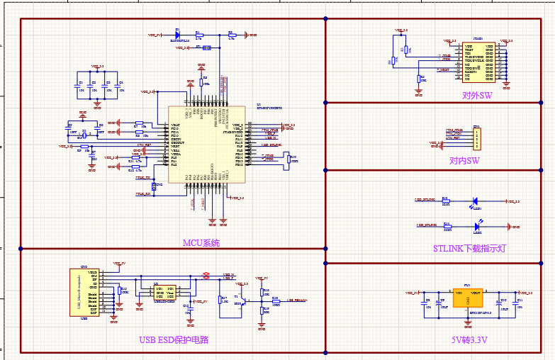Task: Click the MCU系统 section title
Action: click(201, 243)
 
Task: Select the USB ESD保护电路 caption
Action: click(174, 339)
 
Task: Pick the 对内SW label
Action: click(464, 161)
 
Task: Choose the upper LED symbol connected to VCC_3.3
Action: click(476, 202)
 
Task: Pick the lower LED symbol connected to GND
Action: click(476, 226)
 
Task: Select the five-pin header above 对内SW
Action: click(477, 138)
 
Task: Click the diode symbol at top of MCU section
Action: click(178, 33)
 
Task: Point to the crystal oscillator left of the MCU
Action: click(84, 133)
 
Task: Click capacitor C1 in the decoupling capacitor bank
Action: click(79, 85)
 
